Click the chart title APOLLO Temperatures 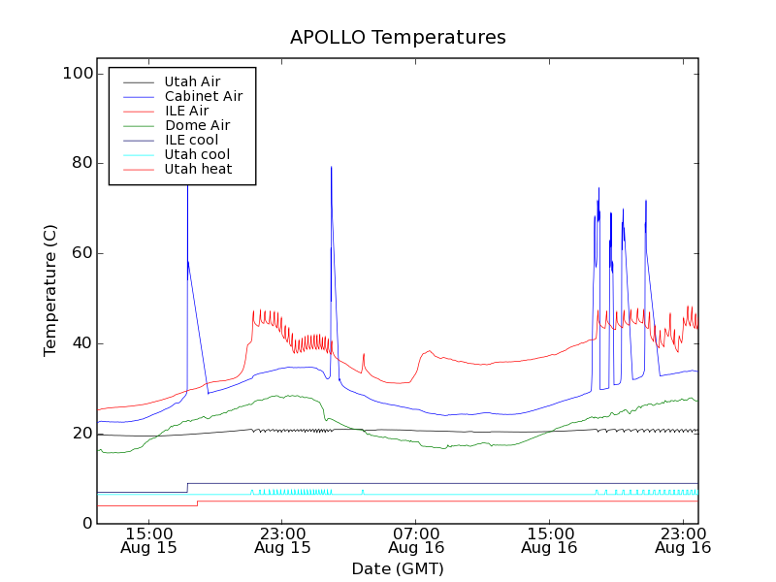point(398,38)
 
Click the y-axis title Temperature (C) point(50,290)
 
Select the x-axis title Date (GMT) point(398,568)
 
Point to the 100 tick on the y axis point(81,74)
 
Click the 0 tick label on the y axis point(88,524)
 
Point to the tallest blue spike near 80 point(331,168)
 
